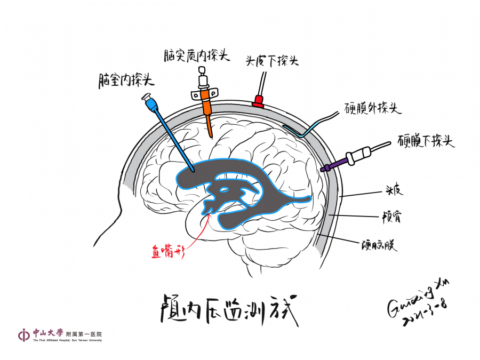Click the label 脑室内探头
coord(126,81)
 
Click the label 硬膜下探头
coord(426,141)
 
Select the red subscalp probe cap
coord(259,101)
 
